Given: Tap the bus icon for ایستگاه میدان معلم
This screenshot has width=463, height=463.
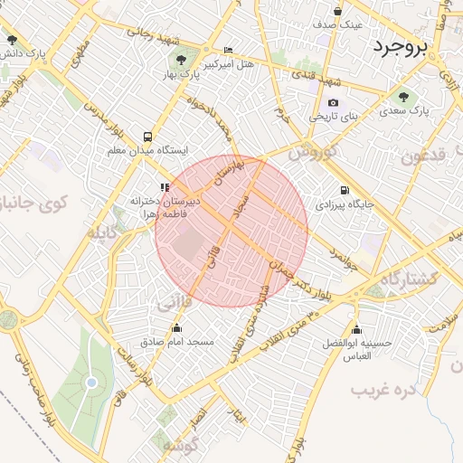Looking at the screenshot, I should coord(147,136).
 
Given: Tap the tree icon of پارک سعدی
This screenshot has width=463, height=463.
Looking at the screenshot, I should coord(402,97).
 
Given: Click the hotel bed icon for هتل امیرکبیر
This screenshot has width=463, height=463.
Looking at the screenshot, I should coord(228,52).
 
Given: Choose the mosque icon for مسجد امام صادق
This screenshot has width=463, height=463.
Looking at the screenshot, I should coord(176,328).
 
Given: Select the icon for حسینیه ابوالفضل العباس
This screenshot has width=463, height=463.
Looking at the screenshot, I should coord(358,330).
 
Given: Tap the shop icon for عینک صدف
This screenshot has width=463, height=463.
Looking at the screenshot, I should coord(337,12).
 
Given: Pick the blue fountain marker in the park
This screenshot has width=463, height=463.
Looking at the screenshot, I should coord(91,383).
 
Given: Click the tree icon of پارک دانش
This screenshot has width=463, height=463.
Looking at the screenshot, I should coord(12,41).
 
